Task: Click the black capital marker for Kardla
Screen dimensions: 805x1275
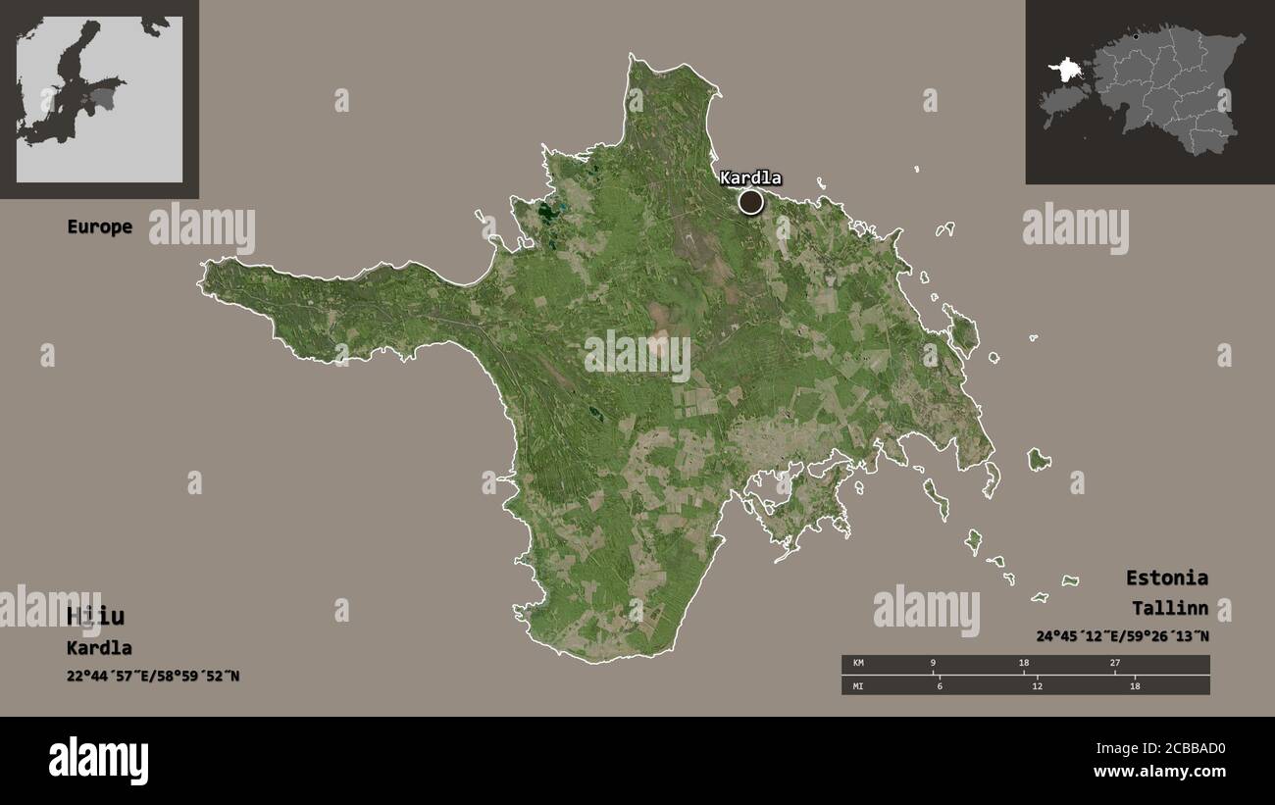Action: pos(750,202)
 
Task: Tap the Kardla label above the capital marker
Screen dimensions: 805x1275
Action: pos(750,177)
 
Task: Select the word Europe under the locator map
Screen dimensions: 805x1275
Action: pos(99,226)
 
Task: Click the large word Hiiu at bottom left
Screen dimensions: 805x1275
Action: pos(95,616)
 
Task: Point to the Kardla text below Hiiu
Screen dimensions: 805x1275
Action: pos(99,648)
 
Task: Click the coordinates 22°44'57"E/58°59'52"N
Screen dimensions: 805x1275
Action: pos(153,676)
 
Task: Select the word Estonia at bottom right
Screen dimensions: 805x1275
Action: pos(1166,578)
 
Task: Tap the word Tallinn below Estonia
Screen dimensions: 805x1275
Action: pos(1169,608)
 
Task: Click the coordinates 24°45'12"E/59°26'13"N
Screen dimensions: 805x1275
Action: pos(1122,635)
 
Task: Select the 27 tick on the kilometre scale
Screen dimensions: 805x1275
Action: pos(1114,664)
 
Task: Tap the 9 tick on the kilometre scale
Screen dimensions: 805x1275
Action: pos(933,664)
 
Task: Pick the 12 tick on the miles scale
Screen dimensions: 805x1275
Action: pos(1037,685)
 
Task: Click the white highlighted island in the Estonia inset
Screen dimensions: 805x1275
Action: pos(1064,72)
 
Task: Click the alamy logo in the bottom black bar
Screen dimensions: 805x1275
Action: pos(98,761)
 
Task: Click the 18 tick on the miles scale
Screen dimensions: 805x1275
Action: pos(1135,685)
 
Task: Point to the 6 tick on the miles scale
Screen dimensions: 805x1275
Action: pos(939,685)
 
